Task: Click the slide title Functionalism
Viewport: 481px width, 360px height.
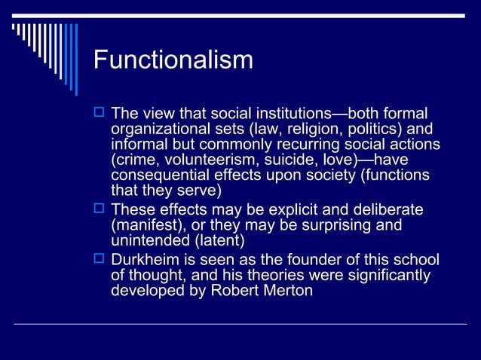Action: point(173,59)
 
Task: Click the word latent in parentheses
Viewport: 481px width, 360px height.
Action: point(219,240)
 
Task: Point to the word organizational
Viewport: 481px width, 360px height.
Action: point(157,129)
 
